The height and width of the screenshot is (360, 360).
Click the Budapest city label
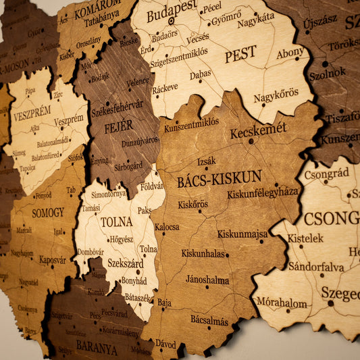[x=172, y=13]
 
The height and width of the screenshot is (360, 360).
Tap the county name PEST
[x=240, y=54]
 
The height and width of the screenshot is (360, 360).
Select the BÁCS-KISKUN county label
[x=219, y=179]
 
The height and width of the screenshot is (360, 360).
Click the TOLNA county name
[x=116, y=222]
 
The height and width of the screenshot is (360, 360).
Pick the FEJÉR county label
[x=118, y=127]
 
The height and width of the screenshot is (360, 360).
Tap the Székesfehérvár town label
[x=117, y=108]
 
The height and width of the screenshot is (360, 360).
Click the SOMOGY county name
[x=48, y=213]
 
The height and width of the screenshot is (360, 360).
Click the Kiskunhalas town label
[x=203, y=254]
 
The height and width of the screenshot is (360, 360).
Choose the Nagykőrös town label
[x=276, y=95]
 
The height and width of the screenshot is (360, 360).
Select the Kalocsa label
[x=167, y=227]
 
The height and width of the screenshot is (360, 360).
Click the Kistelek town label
[x=305, y=238]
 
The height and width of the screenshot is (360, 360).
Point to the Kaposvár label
[x=52, y=259]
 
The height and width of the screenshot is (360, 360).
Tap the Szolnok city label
[x=327, y=72]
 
